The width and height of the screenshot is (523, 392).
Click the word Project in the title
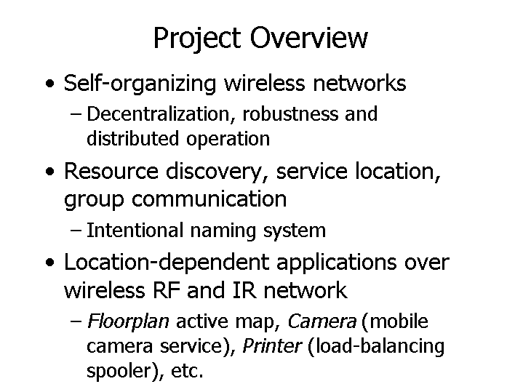[197, 39]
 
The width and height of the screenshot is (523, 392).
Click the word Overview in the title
[309, 37]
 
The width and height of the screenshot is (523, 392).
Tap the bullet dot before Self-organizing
[49, 83]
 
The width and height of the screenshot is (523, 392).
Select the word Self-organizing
[140, 84]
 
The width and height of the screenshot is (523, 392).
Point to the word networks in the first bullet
[359, 83]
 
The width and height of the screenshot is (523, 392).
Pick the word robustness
[290, 113]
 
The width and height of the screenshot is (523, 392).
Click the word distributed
[133, 138]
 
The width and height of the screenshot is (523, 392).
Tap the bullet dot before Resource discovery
[49, 172]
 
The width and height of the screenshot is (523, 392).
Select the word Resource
[111, 171]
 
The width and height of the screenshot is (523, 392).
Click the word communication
[209, 199]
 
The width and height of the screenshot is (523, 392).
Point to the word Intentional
[135, 231]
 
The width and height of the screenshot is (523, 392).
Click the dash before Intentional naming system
[76, 231]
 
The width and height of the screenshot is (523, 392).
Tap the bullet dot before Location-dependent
[49, 263]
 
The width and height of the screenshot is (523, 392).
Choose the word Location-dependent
[167, 263]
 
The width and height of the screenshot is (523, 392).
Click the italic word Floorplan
[128, 322]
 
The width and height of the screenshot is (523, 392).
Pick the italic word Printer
[272, 345]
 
